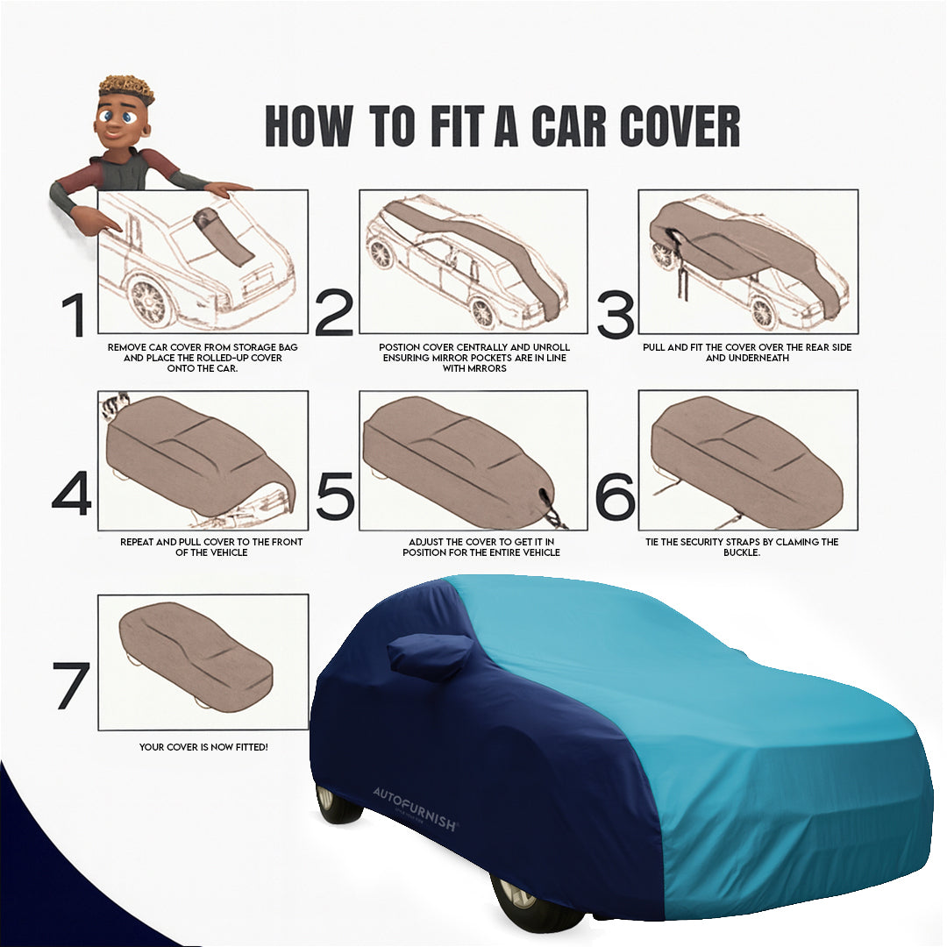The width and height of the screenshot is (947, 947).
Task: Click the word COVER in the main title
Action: pos(681,126)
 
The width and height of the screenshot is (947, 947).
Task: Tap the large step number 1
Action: pos(75,317)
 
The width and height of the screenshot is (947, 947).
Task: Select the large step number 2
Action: pos(333,314)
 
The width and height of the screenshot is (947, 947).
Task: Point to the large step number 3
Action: pos(616,314)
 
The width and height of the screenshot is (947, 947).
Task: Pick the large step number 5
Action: pos(334,495)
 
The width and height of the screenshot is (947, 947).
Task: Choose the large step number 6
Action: pos(615,495)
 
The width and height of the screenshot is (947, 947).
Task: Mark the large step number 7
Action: pos(72,686)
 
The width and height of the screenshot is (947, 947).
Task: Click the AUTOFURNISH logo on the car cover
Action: pos(415,799)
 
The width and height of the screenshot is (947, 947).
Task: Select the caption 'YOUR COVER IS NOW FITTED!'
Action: pos(203,747)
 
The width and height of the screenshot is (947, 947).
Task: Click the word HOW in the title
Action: pos(308,126)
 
